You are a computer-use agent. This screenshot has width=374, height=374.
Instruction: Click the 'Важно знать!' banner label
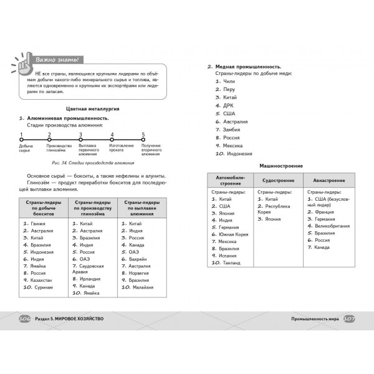click(x=56, y=59)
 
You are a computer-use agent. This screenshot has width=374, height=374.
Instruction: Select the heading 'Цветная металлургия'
click(x=93, y=108)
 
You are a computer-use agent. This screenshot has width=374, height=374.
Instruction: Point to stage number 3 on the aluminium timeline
click(x=80, y=135)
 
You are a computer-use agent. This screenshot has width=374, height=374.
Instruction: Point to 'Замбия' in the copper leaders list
click(x=231, y=129)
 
